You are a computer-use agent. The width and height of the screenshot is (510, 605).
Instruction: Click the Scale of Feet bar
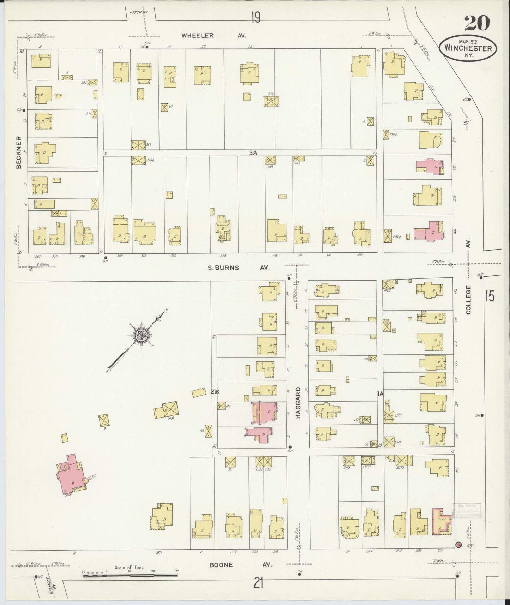click(130, 576)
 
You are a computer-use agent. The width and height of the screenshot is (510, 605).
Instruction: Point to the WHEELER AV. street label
click(213, 35)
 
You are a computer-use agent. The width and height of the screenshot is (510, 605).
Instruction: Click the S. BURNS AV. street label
click(238, 268)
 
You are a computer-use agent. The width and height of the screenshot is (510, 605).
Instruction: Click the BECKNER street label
click(19, 152)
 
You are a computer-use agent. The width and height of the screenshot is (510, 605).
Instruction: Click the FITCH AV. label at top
click(139, 12)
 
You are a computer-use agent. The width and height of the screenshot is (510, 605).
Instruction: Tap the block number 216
click(215, 392)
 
